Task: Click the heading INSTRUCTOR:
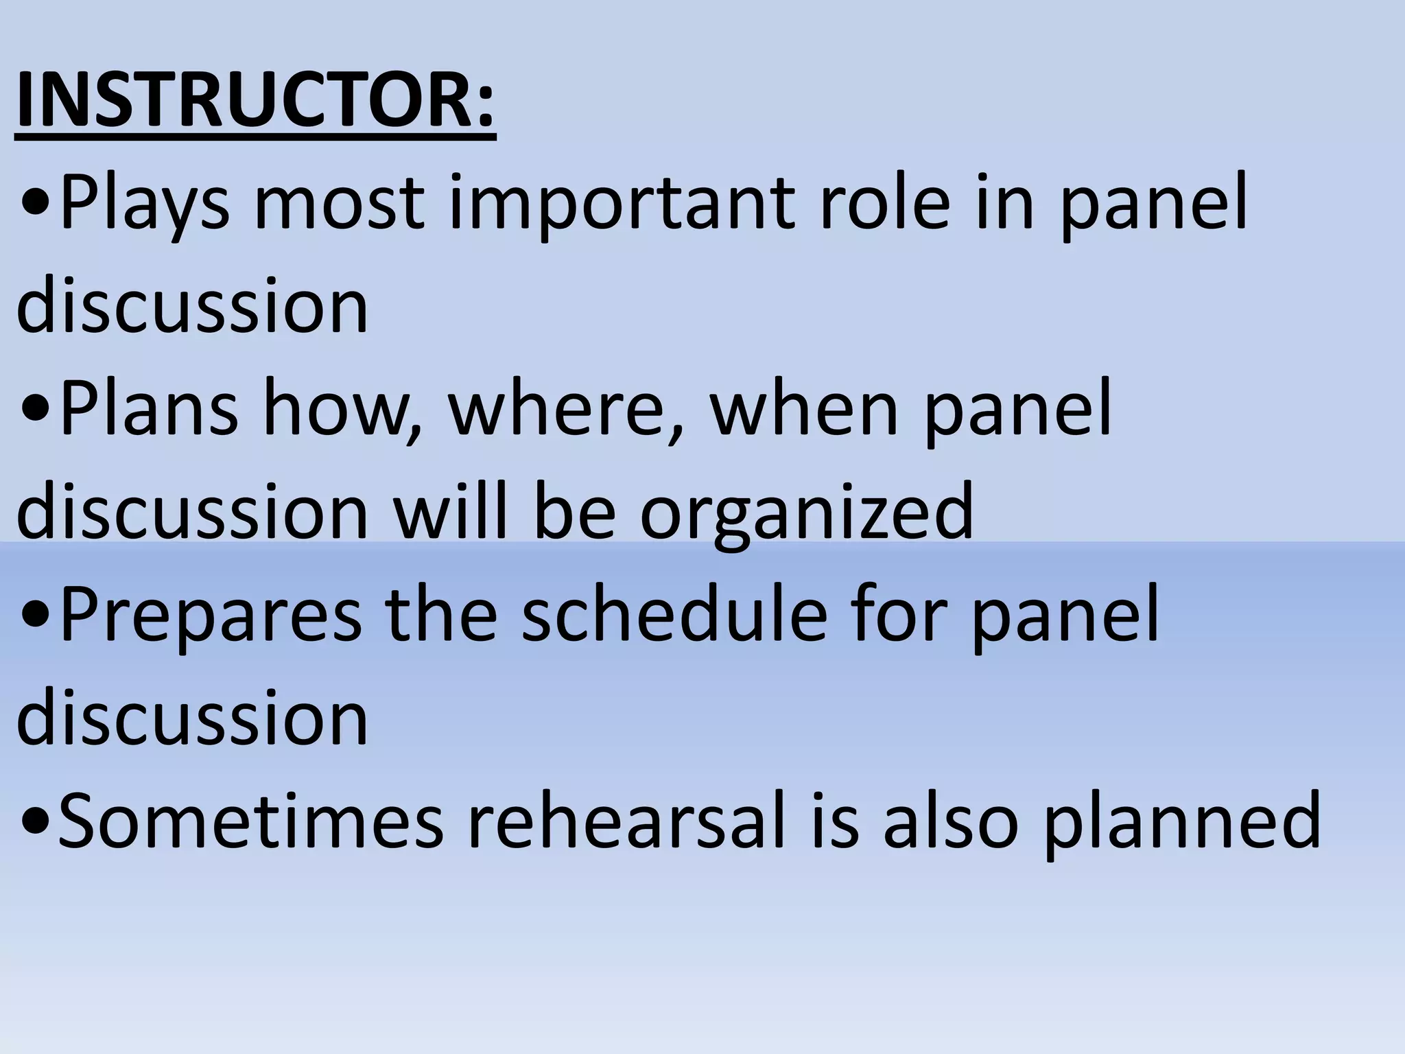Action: (x=255, y=102)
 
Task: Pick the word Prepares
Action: (x=211, y=616)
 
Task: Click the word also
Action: (x=950, y=820)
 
